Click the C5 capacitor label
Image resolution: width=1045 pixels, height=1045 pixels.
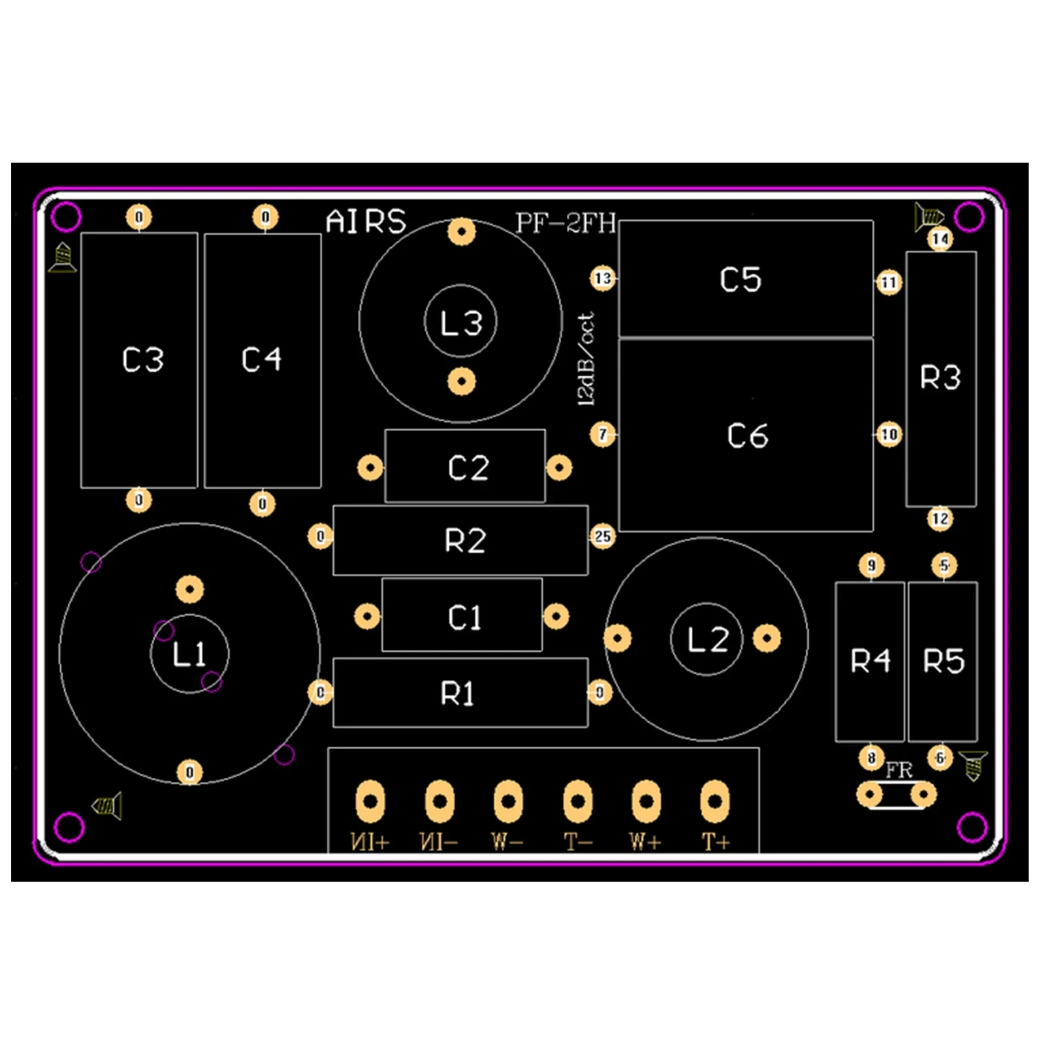[741, 280]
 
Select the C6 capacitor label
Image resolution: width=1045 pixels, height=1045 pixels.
[748, 436]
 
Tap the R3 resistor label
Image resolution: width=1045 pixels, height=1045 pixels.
[940, 378]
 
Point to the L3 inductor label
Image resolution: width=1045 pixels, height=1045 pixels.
[461, 323]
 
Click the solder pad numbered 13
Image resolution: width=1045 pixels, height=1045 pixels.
[603, 279]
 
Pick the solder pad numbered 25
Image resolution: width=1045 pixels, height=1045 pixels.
[602, 537]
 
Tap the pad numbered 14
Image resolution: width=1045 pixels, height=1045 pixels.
[940, 239]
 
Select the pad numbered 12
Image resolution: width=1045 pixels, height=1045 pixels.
[940, 519]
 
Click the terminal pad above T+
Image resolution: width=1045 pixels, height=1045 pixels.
[715, 800]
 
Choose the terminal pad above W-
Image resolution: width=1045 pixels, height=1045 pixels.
[508, 800]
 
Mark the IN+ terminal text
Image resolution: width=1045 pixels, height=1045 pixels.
[370, 843]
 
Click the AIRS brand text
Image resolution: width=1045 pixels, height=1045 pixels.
[366, 222]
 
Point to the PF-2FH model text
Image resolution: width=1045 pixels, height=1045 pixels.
[566, 223]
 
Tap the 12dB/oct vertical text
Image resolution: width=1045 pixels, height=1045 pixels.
[587, 359]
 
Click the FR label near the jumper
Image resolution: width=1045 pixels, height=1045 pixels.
[899, 771]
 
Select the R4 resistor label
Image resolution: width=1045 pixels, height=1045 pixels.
[871, 661]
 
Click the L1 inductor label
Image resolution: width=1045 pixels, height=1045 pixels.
[189, 654]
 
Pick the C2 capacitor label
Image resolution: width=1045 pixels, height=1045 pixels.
[468, 468]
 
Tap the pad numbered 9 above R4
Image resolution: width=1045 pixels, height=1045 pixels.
[872, 566]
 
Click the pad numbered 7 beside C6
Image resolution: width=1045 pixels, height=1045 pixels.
[603, 434]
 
